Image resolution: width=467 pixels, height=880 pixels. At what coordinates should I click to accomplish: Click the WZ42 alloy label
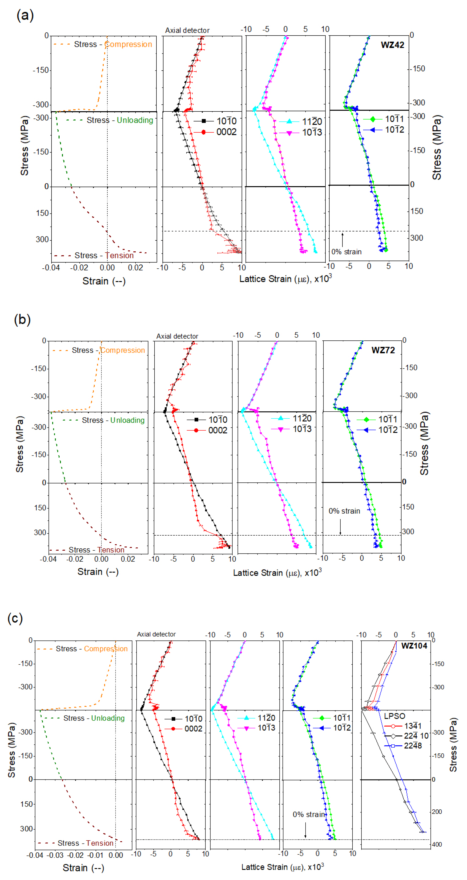(392, 45)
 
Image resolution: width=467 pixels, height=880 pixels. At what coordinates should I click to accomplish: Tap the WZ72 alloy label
(383, 350)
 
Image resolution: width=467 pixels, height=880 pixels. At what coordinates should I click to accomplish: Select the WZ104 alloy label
(414, 646)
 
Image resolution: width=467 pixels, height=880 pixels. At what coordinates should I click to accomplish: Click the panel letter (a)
(25, 15)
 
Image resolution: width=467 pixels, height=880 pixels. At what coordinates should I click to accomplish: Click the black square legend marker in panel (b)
(196, 420)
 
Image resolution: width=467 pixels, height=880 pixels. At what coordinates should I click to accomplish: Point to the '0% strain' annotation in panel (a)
(346, 252)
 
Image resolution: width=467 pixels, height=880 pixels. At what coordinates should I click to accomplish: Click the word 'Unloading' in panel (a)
(135, 120)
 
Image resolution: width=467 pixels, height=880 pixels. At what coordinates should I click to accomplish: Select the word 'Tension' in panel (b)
(111, 550)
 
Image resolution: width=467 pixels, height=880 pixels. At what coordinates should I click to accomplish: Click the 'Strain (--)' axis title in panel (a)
(104, 281)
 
